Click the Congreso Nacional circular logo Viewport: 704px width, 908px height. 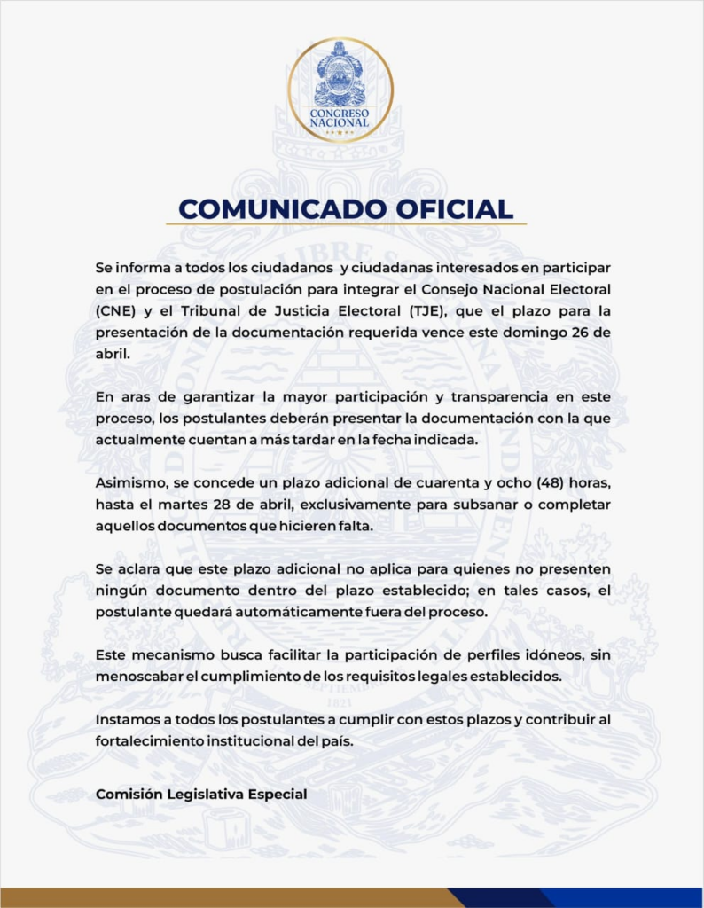pos(340,90)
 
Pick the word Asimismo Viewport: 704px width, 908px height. pos(128,483)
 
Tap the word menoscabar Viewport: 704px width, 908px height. pos(137,675)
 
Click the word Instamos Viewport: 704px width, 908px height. pos(125,720)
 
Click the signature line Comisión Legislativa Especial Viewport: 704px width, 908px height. pos(201,794)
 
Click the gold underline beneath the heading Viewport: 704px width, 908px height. pos(346,224)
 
